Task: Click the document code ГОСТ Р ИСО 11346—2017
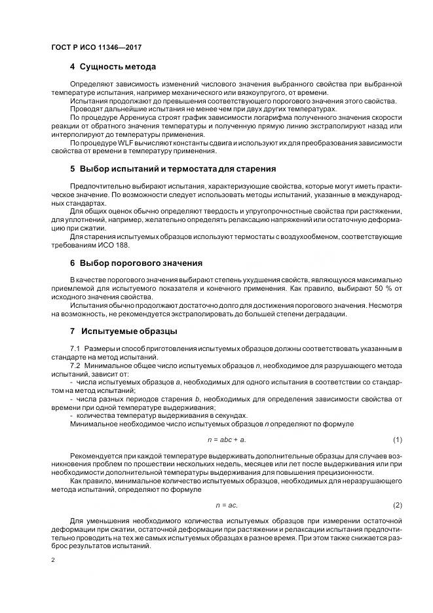[96, 48]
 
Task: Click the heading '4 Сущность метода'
[113, 67]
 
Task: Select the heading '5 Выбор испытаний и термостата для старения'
[173, 168]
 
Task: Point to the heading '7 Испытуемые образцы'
[123, 331]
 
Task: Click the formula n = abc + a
[227, 439]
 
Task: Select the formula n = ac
[227, 505]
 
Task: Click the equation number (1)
[397, 439]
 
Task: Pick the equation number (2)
[397, 505]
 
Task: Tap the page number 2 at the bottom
[52, 559]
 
